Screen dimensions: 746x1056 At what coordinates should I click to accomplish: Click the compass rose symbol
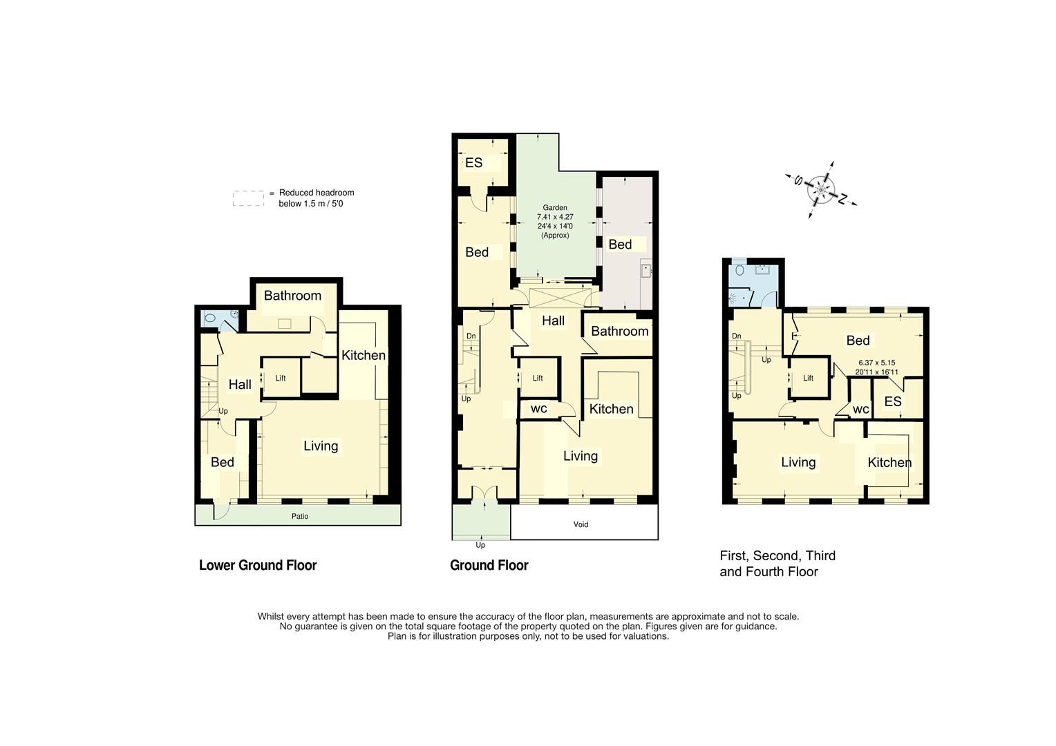click(x=821, y=189)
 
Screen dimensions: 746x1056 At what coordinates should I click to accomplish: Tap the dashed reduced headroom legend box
click(x=248, y=199)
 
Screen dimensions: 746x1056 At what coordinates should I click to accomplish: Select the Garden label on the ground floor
click(x=554, y=207)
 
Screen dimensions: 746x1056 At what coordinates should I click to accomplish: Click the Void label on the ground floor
click(x=581, y=524)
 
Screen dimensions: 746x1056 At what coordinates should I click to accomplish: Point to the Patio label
click(x=300, y=516)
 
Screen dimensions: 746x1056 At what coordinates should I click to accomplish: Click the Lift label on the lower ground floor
click(x=281, y=378)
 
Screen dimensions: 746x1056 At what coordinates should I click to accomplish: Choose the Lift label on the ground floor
click(x=538, y=378)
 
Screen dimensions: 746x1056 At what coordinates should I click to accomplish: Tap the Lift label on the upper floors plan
click(x=808, y=378)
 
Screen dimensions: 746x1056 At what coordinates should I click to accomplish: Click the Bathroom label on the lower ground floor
click(x=292, y=296)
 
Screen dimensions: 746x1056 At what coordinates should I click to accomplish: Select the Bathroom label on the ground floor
click(x=619, y=331)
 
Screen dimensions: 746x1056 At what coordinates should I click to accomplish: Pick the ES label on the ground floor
click(x=473, y=163)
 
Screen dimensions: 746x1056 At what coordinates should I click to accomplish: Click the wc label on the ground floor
click(x=539, y=408)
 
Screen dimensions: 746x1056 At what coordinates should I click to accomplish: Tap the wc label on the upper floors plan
click(x=860, y=409)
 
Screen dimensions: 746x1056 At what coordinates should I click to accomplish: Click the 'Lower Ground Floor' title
click(x=258, y=565)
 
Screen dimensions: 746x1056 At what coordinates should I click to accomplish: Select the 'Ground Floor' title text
click(x=489, y=565)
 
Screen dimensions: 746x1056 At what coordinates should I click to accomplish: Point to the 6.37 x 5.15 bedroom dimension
click(x=876, y=363)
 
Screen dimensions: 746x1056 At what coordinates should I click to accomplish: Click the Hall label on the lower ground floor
click(x=240, y=384)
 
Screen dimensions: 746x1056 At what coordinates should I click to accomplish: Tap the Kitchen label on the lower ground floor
click(x=364, y=355)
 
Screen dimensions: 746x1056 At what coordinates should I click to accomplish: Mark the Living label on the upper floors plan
click(x=798, y=462)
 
